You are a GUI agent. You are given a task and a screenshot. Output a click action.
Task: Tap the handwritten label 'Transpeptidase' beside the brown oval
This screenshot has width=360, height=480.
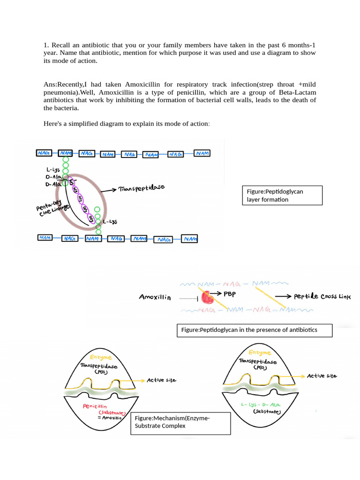pyautogui.click(x=142, y=188)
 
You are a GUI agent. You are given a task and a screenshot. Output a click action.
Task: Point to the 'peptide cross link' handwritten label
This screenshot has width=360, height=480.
pyautogui.click(x=322, y=296)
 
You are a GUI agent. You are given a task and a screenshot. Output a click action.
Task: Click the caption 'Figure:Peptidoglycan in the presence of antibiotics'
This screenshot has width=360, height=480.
pyautogui.click(x=254, y=330)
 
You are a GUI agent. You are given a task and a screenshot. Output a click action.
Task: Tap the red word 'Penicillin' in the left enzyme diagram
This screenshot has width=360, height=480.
pyautogui.click(x=95, y=406)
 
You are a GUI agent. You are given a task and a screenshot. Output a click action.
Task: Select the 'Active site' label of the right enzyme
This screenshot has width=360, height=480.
pyautogui.click(x=322, y=376)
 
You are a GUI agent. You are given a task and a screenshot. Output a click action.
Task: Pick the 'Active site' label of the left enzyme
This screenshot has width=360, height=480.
pyautogui.click(x=162, y=380)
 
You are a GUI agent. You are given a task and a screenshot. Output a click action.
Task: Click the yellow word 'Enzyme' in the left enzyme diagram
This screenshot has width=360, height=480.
pyautogui.click(x=100, y=357)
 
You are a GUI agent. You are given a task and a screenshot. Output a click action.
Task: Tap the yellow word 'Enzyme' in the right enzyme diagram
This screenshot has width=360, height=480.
pyautogui.click(x=259, y=352)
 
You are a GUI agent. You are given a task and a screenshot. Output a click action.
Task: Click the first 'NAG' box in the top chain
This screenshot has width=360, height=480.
pyautogui.click(x=44, y=153)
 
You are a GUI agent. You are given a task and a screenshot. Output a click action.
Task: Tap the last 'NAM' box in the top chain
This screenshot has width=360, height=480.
pyautogui.click(x=202, y=153)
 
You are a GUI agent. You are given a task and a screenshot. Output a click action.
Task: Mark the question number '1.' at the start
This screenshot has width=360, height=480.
pyautogui.click(x=46, y=45)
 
